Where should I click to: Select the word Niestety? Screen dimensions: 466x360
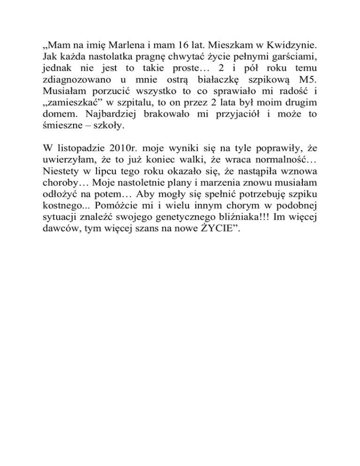pos(57,173)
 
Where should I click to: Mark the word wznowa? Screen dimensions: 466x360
pos(298,173)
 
